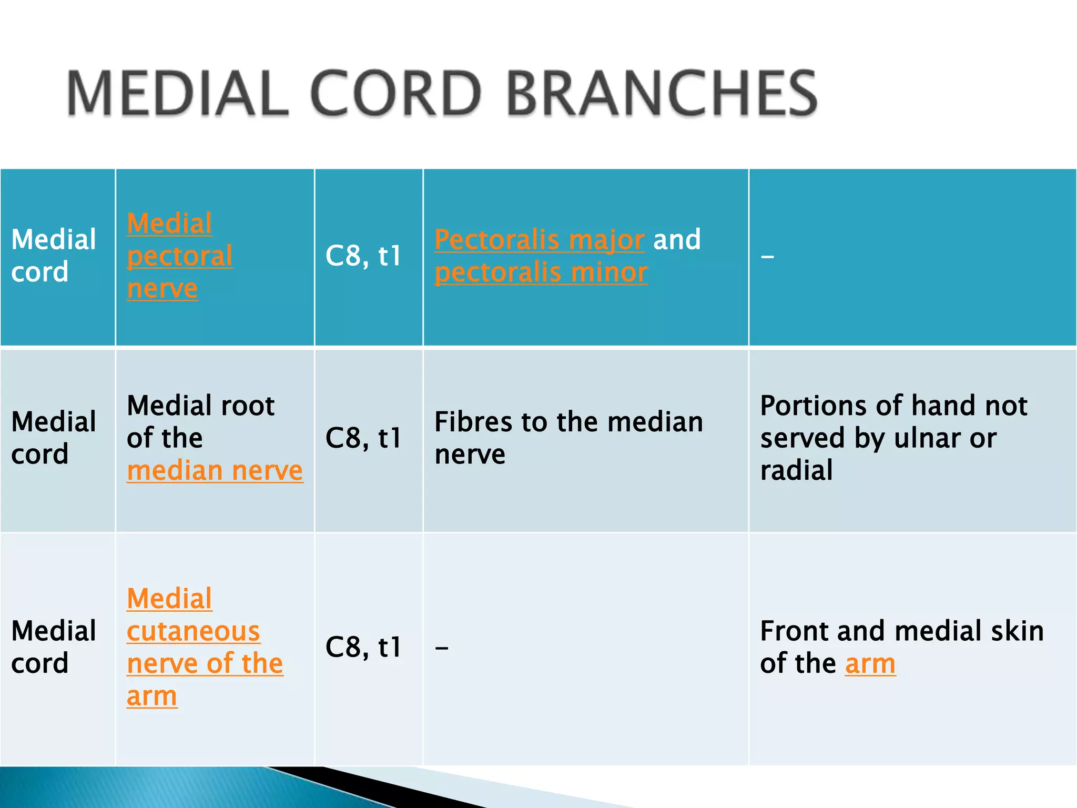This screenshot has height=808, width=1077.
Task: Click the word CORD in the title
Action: [x=395, y=94]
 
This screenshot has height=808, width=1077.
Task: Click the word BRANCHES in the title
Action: [x=662, y=94]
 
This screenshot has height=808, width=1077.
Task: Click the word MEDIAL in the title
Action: [x=178, y=94]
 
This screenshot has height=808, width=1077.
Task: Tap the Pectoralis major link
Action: [x=539, y=240]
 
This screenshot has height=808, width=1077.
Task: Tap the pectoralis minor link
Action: [x=541, y=273]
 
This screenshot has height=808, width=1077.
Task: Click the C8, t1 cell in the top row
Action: [x=363, y=256]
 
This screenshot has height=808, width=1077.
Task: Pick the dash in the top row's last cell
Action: [x=767, y=257]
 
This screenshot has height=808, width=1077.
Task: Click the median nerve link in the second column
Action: [x=215, y=471]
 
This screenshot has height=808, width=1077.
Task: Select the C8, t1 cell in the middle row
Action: [x=363, y=438]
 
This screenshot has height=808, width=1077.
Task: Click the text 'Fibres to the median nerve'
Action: [x=568, y=438]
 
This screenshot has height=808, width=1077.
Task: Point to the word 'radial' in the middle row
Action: [x=796, y=471]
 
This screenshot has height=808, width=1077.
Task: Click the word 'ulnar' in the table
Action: [x=927, y=438]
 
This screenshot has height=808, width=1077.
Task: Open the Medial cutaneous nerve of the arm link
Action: [x=194, y=647]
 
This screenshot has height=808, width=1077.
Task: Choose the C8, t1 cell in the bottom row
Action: [x=363, y=647]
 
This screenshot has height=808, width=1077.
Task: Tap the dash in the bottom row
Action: [x=442, y=648]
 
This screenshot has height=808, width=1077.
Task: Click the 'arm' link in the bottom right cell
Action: [x=870, y=664]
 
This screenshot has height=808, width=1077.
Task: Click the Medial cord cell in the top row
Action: [x=54, y=256]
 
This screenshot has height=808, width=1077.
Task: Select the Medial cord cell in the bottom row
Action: [x=54, y=647]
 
